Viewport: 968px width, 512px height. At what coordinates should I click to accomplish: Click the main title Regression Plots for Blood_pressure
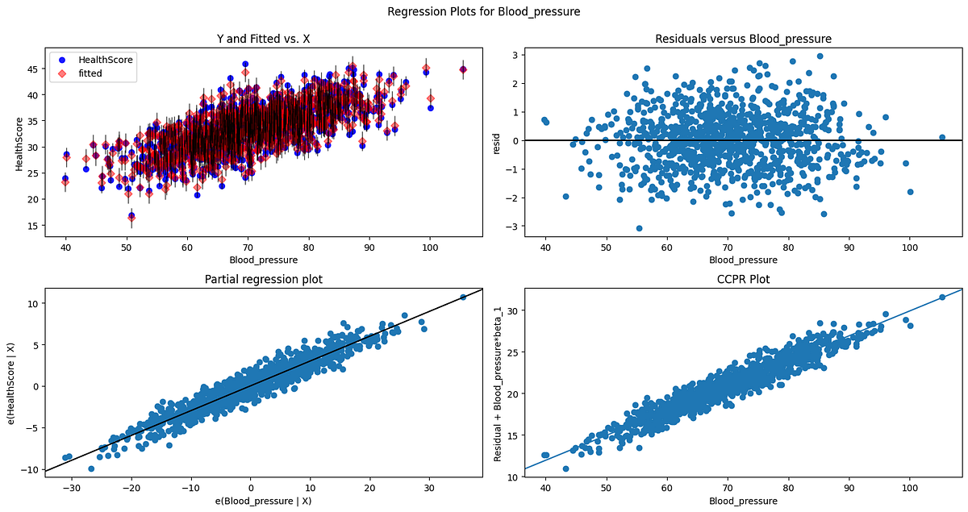484,11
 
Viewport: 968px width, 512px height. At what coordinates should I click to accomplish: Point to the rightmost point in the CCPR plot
941,298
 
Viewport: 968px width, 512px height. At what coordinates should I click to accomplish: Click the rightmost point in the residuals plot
941,137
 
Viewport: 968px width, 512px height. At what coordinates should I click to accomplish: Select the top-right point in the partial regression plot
463,298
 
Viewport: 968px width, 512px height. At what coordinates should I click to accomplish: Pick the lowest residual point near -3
639,228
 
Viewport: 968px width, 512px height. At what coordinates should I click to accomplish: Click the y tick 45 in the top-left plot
24,69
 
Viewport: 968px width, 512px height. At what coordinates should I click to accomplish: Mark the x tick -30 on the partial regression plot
72,488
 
